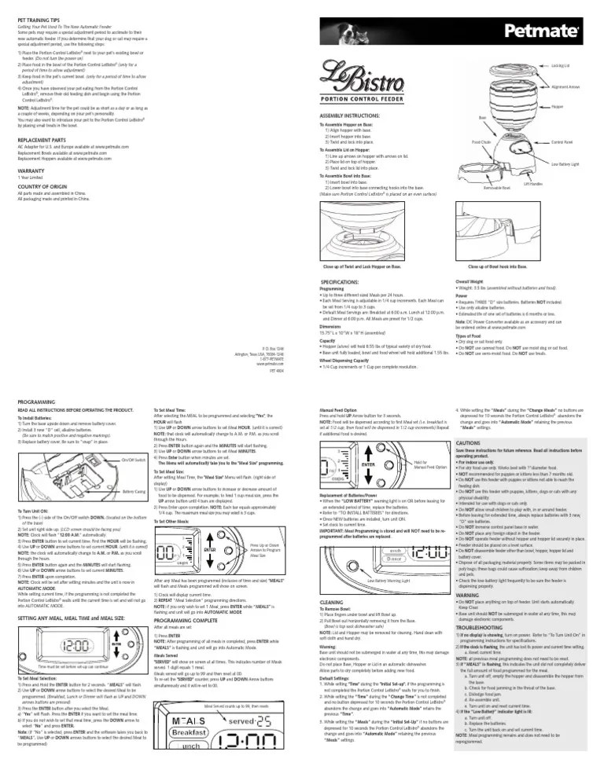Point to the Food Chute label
[x=481, y=142]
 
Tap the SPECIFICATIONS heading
[x=348, y=281]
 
